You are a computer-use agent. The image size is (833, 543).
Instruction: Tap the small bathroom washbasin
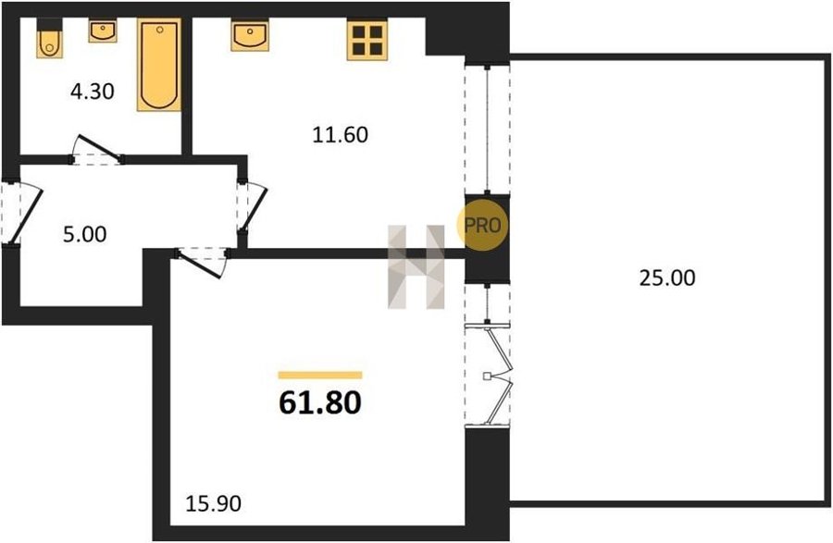pyautogui.click(x=103, y=31)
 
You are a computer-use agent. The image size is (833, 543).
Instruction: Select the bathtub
pyautogui.click(x=159, y=65)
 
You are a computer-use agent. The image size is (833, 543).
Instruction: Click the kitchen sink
pyautogui.click(x=250, y=35)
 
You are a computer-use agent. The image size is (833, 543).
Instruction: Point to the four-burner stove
pyautogui.click(x=367, y=40)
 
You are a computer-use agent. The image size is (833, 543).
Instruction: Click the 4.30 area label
pyautogui.click(x=93, y=92)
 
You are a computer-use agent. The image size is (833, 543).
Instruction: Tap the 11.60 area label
pyautogui.click(x=340, y=135)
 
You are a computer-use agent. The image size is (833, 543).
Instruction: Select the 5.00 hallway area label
pyautogui.click(x=84, y=234)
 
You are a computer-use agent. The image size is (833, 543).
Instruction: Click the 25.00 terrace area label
pyautogui.click(x=666, y=278)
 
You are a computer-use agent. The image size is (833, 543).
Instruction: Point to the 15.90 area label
pyautogui.click(x=214, y=503)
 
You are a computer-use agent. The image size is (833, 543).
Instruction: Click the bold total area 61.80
pyautogui.click(x=320, y=402)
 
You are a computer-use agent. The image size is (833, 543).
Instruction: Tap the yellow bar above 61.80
pyautogui.click(x=320, y=376)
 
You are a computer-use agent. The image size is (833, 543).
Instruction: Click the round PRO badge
pyautogui.click(x=482, y=226)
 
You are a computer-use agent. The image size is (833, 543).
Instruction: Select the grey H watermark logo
pyautogui.click(x=416, y=267)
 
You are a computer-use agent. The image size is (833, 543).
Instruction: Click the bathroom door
pyautogui.click(x=96, y=150)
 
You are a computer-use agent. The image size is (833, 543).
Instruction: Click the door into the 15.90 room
pyautogui.click(x=202, y=263)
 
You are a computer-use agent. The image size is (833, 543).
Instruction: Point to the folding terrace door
pyautogui.click(x=489, y=375)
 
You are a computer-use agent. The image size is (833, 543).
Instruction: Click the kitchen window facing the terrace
pyautogui.click(x=487, y=129)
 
